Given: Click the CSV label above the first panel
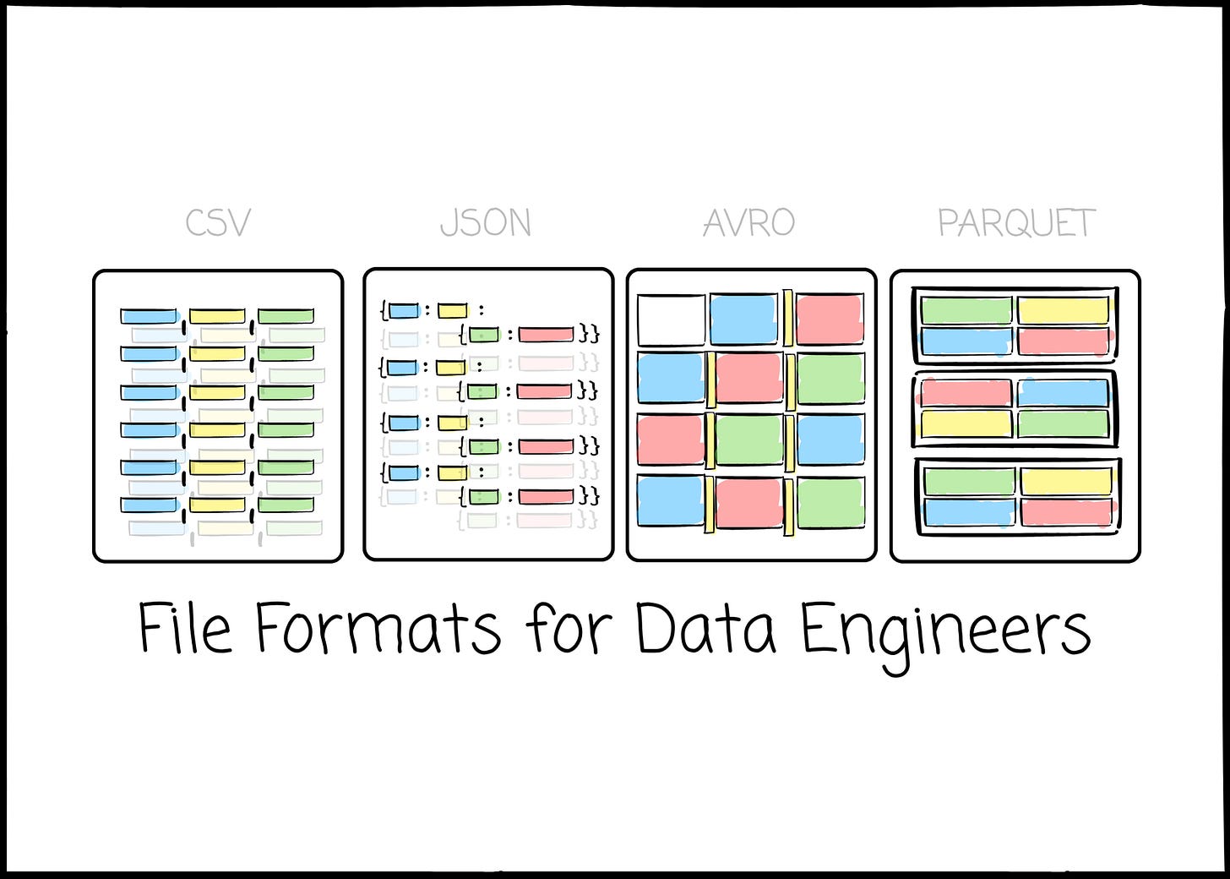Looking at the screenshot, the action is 218,223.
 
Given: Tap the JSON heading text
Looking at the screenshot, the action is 486,223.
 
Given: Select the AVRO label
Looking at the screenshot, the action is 749,223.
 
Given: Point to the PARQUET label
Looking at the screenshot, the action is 1016,223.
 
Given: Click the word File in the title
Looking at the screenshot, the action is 184,629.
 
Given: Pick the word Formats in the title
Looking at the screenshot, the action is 378,629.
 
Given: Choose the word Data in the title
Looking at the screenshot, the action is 705,629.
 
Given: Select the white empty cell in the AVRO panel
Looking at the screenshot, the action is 671,320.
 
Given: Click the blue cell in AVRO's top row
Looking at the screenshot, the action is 743,320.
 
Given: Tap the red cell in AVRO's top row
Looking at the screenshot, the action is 830,319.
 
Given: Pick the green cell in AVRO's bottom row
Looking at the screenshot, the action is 830,504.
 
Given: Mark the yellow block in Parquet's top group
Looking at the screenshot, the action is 1063,311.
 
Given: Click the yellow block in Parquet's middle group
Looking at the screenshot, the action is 966,423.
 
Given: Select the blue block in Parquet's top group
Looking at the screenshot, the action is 966,341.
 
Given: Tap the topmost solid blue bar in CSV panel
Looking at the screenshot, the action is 149,316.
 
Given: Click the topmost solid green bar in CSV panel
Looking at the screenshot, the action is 286,316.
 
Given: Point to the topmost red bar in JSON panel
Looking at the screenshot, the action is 546,335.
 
